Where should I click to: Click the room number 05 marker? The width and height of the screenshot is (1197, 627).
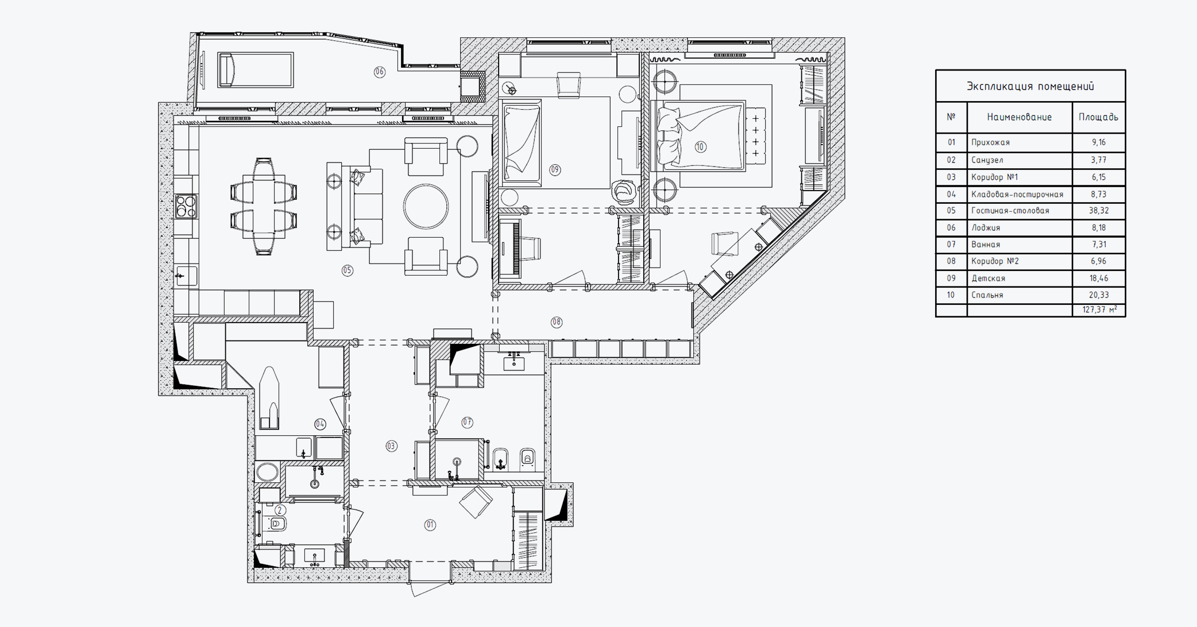tap(347, 270)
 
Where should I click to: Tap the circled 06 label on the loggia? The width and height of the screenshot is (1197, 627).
tap(380, 72)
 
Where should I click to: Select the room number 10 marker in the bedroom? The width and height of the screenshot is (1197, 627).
tap(700, 147)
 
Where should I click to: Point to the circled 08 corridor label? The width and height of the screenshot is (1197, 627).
tap(557, 322)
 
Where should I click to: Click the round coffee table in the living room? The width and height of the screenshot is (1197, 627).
tap(426, 207)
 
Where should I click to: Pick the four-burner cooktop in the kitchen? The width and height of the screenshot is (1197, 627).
tap(186, 207)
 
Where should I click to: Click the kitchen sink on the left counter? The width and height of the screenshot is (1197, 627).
tap(186, 276)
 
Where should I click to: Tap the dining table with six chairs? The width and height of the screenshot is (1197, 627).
tap(264, 207)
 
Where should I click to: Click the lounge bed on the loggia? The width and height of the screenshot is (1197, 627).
tap(256, 70)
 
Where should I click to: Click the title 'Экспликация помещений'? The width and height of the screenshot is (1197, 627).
tap(1030, 86)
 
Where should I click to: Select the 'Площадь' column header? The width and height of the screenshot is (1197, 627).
tap(1098, 117)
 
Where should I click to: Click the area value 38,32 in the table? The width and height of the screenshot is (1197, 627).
tap(1099, 211)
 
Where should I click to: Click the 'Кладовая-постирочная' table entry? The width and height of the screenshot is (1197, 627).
tap(1017, 194)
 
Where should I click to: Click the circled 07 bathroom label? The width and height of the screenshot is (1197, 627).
tap(468, 423)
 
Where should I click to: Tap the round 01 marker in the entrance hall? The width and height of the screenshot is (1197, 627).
tap(430, 525)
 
